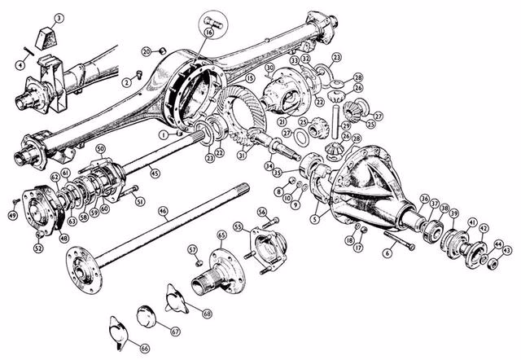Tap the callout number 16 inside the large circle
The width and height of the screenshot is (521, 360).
click(x=209, y=33)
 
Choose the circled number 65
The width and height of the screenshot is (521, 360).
click(x=221, y=235)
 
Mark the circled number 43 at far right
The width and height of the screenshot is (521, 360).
click(x=507, y=251)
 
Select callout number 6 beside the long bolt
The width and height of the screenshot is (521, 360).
click(x=387, y=253)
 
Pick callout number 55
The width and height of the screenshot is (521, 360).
click(x=239, y=226)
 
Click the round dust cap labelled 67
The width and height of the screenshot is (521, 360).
click(x=146, y=314)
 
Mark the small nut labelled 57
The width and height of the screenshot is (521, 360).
click(x=198, y=262)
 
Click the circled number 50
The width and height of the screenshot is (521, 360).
click(x=101, y=149)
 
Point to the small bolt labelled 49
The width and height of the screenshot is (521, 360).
click(x=16, y=200)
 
